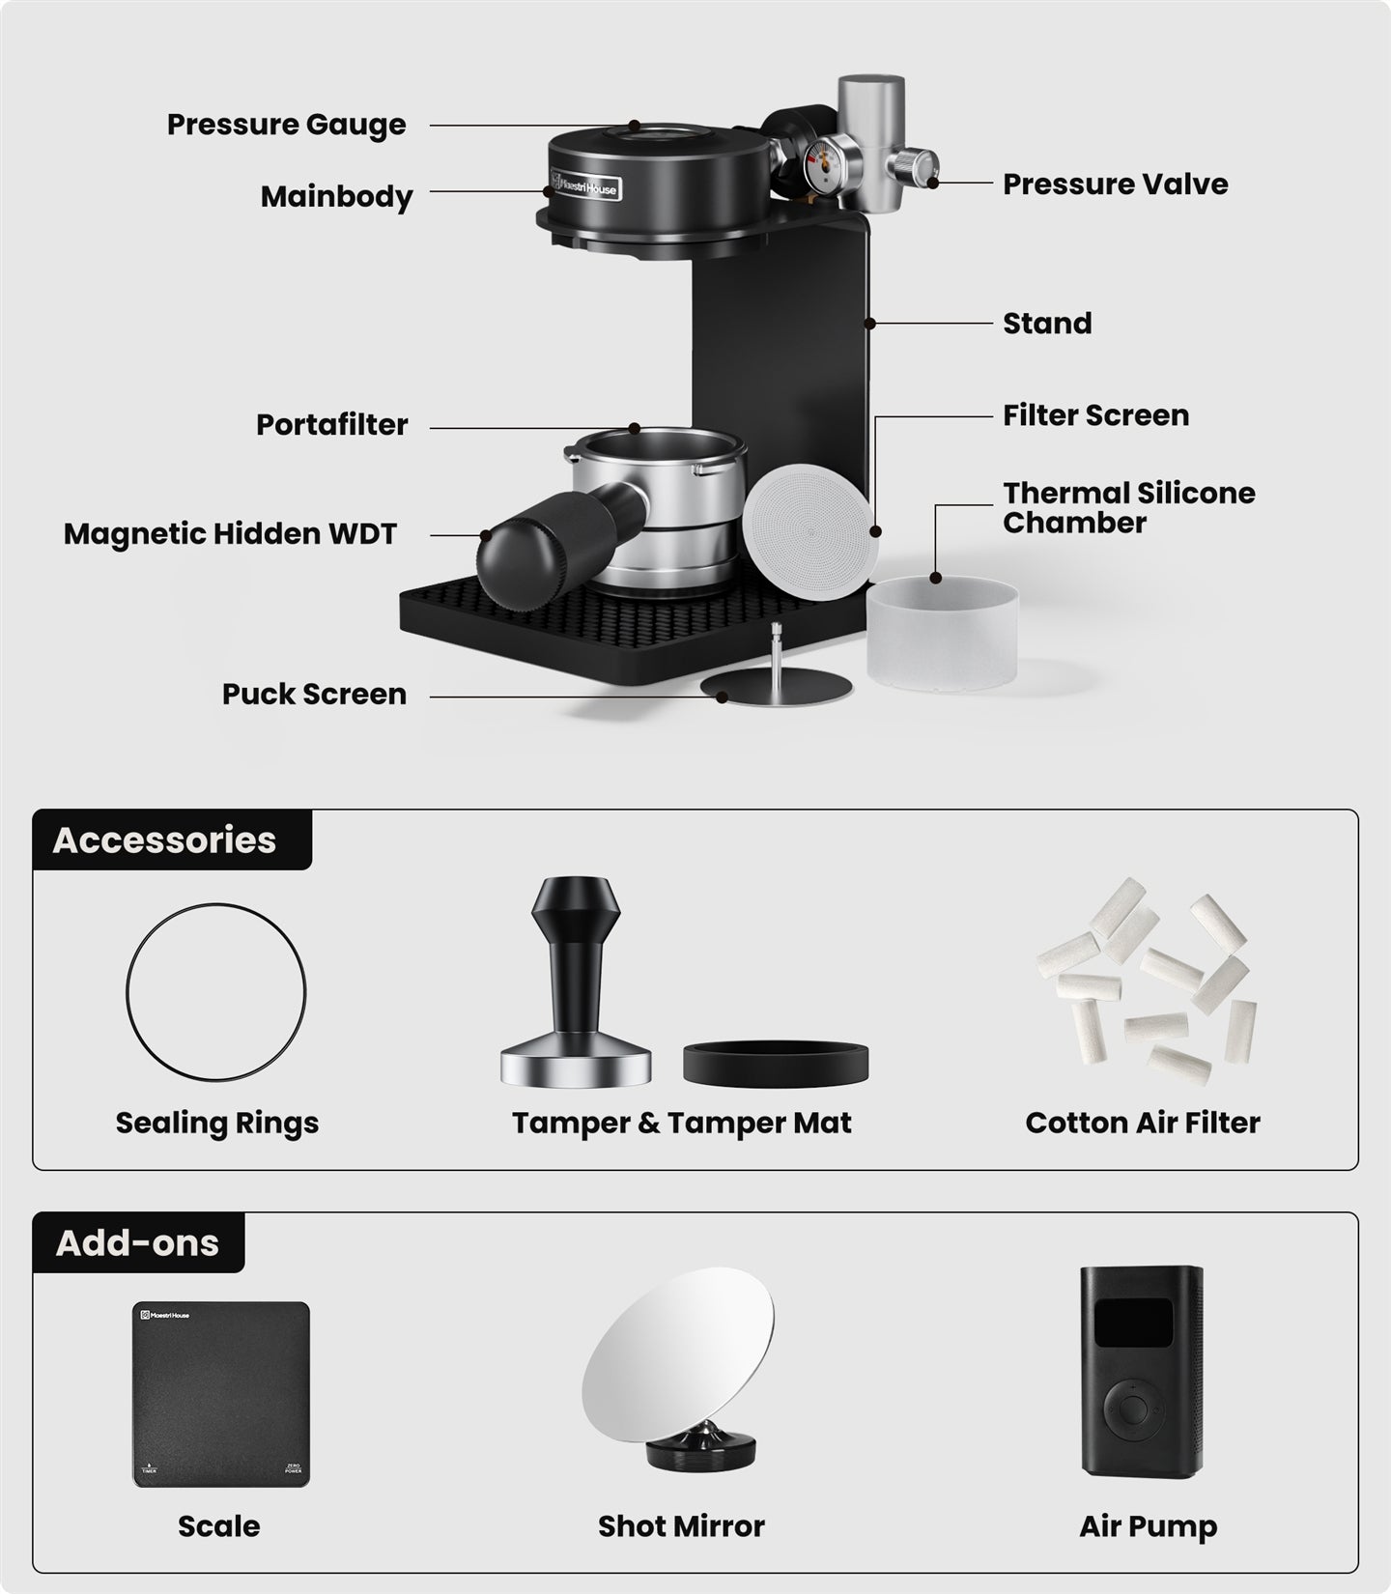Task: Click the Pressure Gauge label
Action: [286, 126]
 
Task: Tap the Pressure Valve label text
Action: [1115, 184]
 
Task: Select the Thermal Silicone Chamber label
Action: [1128, 508]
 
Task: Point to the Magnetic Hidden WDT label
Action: [230, 534]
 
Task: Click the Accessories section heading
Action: [164, 840]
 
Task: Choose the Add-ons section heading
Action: [137, 1242]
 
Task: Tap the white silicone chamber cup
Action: [941, 634]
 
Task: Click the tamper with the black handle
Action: [576, 982]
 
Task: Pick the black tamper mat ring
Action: [775, 1062]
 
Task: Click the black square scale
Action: [221, 1394]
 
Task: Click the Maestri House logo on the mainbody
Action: [584, 186]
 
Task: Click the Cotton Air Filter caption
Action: [1143, 1123]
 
